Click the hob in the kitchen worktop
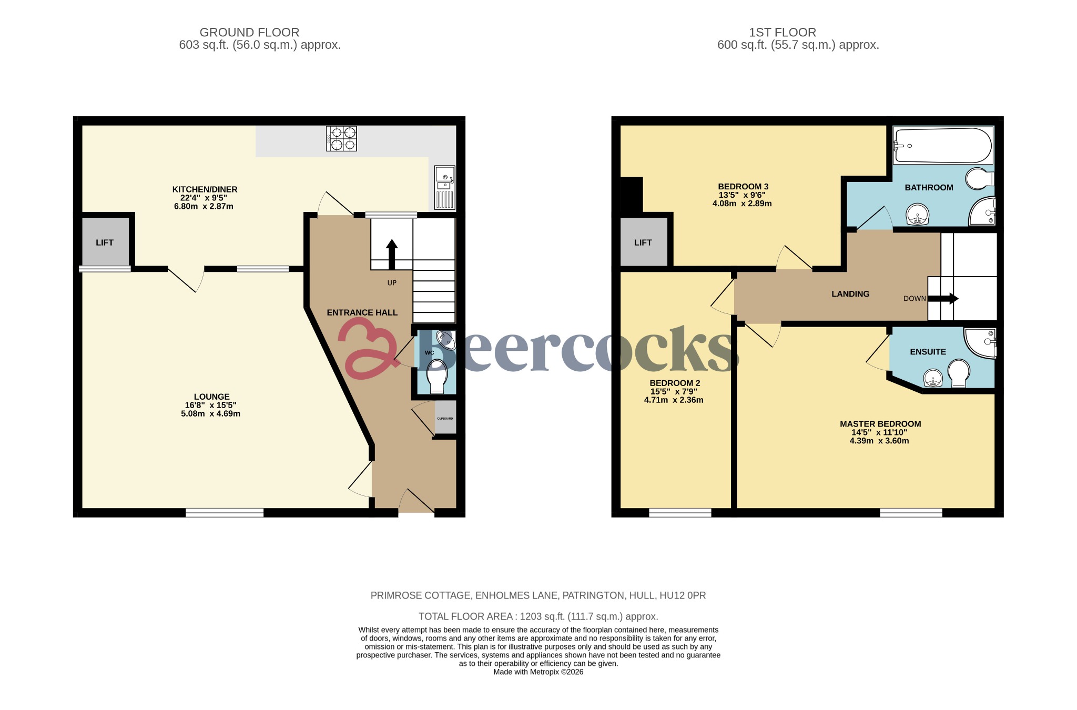tap(341, 138)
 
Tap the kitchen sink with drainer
tap(445, 188)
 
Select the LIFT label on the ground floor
tap(105, 242)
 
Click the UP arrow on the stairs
tap(391, 255)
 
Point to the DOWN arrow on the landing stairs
tap(943, 299)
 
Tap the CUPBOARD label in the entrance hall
tap(445, 419)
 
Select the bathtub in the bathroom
tap(943, 146)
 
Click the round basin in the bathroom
tap(918, 215)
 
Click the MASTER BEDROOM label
tap(880, 424)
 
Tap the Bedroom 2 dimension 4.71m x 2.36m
tap(674, 400)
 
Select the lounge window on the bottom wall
tap(225, 513)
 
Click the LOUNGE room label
tap(211, 397)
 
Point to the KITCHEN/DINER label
tap(205, 189)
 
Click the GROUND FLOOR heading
tap(249, 33)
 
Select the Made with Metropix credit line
tap(538, 672)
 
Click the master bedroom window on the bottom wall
tap(911, 513)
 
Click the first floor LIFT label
tap(643, 242)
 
